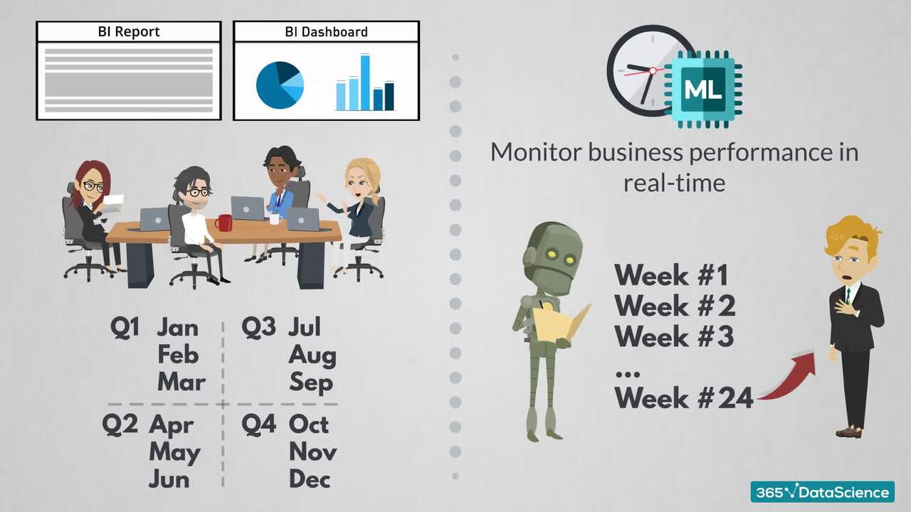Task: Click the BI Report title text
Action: tap(129, 32)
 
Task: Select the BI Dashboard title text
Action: tap(326, 32)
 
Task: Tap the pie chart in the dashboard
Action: tap(280, 85)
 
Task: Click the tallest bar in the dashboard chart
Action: tap(365, 82)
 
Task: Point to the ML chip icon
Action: tap(703, 90)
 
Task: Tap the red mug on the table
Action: tap(224, 223)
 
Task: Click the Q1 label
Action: tap(125, 327)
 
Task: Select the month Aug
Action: tap(312, 355)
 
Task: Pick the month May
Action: tap(174, 452)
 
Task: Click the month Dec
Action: tap(310, 479)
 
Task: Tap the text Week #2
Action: tap(675, 306)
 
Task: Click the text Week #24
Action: tap(683, 398)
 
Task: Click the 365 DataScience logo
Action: tap(821, 492)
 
